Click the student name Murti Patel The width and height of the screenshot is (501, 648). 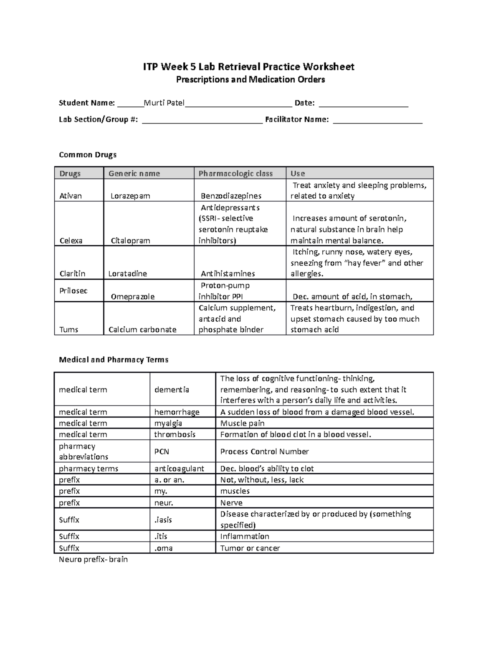[164, 103]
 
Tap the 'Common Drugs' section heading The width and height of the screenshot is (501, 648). [88, 155]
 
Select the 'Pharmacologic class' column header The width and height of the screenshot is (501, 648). [235, 174]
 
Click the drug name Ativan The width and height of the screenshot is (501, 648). [71, 196]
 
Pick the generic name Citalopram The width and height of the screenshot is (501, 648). [130, 240]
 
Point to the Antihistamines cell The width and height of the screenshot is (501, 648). [228, 274]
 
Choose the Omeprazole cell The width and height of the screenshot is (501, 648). [132, 297]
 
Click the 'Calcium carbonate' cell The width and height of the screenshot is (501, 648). [142, 330]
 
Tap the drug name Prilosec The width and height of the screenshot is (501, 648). [73, 291]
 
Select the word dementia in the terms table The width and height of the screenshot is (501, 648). [172, 390]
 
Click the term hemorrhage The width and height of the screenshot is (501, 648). [177, 412]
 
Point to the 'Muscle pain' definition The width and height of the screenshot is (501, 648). [242, 423]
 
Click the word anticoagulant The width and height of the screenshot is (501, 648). [179, 469]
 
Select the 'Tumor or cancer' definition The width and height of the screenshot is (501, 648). [250, 548]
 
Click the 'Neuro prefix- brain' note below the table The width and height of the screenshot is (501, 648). [93, 560]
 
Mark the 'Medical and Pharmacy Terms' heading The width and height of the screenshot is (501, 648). [114, 360]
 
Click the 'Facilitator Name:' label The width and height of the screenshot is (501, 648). [297, 120]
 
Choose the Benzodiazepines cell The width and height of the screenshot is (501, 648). [231, 196]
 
